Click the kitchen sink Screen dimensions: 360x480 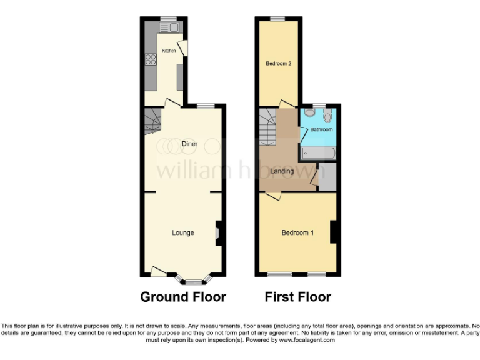point(171,27)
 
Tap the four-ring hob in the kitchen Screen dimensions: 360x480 point(151,60)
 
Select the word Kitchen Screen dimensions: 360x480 point(169,50)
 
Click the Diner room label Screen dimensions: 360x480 point(189,144)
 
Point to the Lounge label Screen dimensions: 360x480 point(183,233)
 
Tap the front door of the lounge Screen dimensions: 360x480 point(159,271)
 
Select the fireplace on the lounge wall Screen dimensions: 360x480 point(217,233)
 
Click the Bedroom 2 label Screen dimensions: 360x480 point(279,63)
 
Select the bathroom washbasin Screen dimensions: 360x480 point(328,115)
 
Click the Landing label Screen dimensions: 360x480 point(282,171)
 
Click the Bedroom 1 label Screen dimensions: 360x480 point(297,233)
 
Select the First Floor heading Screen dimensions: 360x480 point(297,297)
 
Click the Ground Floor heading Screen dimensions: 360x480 point(182,297)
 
